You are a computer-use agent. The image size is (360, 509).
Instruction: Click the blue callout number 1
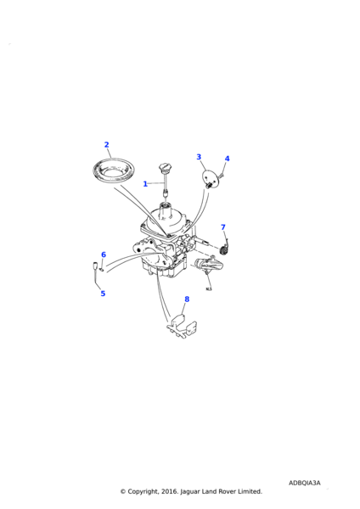(x=145, y=184)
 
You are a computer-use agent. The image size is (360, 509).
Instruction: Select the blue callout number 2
(x=107, y=145)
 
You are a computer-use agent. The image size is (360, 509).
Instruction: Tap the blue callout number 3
(x=199, y=157)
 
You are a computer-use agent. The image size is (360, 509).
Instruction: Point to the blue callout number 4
(x=227, y=159)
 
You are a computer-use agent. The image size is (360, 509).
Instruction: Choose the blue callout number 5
(x=103, y=294)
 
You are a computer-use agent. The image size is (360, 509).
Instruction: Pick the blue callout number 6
(x=104, y=255)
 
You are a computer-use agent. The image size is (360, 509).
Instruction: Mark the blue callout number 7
(x=223, y=227)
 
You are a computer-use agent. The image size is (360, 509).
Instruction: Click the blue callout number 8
(x=187, y=299)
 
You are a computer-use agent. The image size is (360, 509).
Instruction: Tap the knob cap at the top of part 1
(x=166, y=168)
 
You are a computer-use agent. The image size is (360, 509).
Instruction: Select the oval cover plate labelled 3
(x=210, y=177)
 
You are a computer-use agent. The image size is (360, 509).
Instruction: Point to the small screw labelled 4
(x=222, y=176)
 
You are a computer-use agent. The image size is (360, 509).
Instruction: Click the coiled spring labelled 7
(x=224, y=249)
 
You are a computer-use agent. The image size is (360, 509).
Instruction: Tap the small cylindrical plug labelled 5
(x=96, y=265)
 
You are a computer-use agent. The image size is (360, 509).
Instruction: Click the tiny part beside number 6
(x=102, y=269)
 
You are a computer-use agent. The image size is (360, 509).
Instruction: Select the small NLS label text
(x=209, y=289)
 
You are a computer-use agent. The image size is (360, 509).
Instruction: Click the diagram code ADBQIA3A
(x=305, y=483)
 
